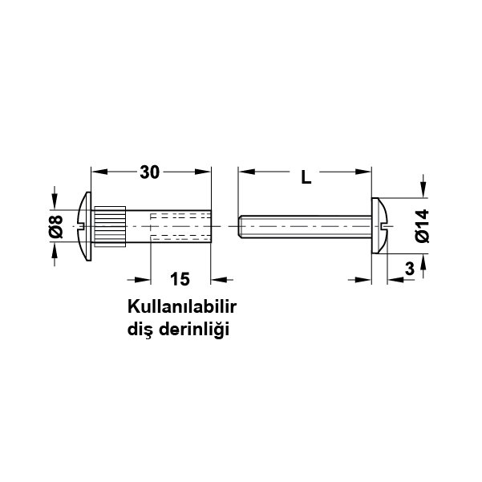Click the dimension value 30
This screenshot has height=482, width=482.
click(150, 172)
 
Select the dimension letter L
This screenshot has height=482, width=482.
click(306, 177)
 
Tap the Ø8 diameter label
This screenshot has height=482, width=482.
click(56, 227)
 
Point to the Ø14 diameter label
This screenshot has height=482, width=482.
click(422, 226)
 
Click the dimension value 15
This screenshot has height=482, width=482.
click(180, 279)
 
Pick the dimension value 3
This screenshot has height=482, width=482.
click(410, 269)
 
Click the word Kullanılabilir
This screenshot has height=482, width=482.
click(182, 307)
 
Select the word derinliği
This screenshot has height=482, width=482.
click(194, 330)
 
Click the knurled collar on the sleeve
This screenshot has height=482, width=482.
click(110, 226)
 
